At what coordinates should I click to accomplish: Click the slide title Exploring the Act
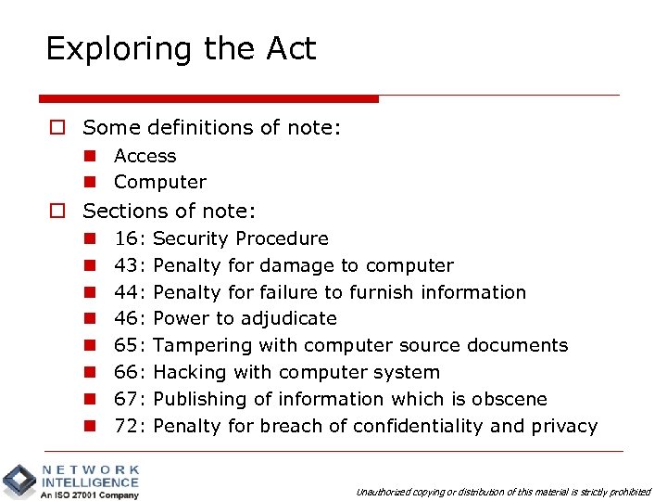click(x=181, y=48)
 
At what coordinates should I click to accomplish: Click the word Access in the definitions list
click(x=145, y=156)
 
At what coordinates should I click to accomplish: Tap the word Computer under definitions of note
click(x=159, y=182)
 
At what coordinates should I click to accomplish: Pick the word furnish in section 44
click(x=382, y=292)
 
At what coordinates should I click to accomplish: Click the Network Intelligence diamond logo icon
click(x=19, y=481)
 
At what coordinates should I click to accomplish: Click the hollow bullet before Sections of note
click(x=57, y=211)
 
